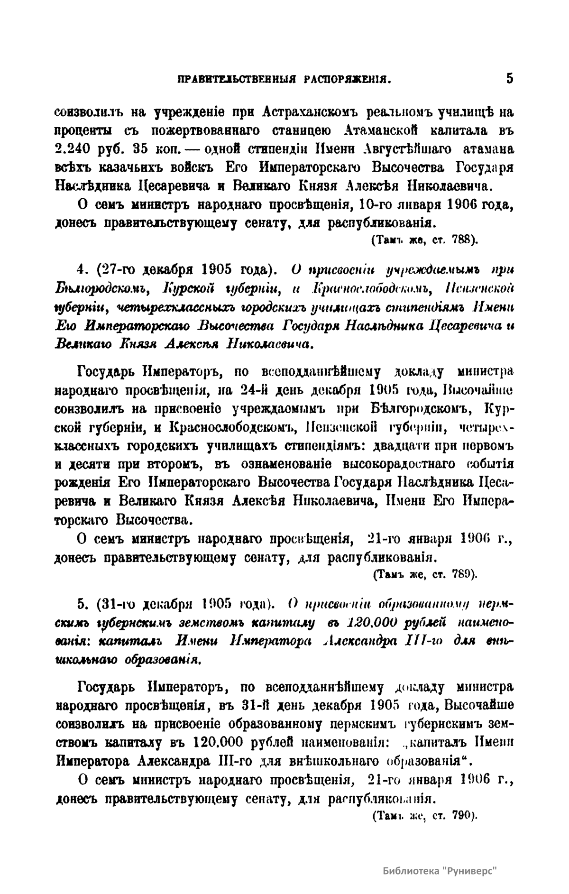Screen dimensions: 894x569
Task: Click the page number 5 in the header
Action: tap(509, 78)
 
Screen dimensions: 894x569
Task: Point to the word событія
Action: tap(488, 463)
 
